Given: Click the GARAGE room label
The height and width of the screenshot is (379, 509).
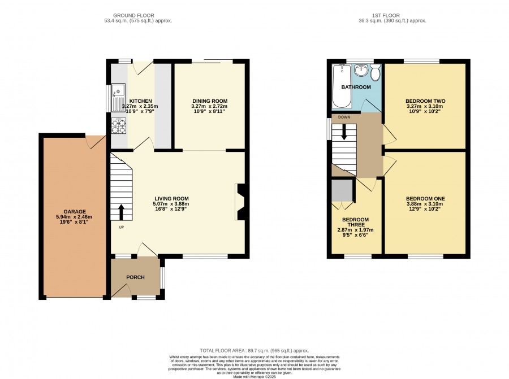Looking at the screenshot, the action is (75, 212).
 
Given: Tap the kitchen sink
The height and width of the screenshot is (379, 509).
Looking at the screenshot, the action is (118, 97).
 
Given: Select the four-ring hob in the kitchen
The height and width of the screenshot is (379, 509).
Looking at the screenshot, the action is (119, 126).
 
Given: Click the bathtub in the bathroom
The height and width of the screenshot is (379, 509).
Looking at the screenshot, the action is (342, 86).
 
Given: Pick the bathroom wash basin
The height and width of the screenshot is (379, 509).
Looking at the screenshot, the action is (361, 69).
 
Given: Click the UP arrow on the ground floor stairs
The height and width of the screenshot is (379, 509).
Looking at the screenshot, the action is (122, 212).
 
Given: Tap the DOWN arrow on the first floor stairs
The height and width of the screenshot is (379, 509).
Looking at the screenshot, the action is (344, 132).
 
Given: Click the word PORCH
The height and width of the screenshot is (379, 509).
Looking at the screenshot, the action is (135, 277).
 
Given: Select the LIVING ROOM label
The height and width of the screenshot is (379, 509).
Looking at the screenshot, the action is (171, 199).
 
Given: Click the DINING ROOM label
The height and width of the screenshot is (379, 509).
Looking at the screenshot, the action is (210, 101).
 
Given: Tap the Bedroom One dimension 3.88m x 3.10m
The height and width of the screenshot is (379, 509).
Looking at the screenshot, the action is (425, 204).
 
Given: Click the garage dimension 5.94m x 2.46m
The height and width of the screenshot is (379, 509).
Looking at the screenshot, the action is (74, 217).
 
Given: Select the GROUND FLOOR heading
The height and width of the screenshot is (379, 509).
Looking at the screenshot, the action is (133, 15).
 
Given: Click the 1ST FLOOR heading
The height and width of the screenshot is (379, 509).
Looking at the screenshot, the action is (386, 15).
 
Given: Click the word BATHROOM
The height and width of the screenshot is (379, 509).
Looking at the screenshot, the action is (356, 87).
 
